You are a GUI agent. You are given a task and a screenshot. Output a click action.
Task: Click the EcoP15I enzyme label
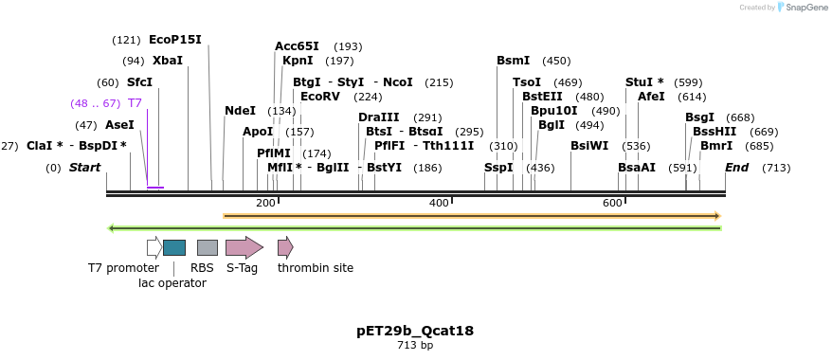tap(175, 40)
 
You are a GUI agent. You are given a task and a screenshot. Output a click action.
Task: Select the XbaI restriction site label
tap(168, 61)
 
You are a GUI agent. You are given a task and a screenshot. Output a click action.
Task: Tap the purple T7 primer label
tap(135, 103)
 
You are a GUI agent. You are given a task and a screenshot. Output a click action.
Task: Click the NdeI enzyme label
tap(240, 111)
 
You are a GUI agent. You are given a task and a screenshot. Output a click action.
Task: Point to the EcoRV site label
tap(319, 97)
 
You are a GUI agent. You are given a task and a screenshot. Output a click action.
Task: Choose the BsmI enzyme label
tap(513, 61)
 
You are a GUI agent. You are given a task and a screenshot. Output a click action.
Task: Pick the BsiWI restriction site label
tap(589, 146)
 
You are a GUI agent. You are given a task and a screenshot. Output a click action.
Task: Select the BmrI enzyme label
tap(716, 146)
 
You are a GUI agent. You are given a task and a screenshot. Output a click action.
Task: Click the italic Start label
tap(84, 168)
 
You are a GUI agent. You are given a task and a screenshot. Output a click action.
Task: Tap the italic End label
tap(737, 168)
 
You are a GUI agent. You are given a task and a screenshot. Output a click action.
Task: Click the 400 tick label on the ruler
tap(439, 204)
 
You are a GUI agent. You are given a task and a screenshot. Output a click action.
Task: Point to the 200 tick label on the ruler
tap(265, 204)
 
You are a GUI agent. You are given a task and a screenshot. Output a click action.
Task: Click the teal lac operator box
tap(174, 247)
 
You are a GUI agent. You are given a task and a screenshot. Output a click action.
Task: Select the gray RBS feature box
tap(208, 247)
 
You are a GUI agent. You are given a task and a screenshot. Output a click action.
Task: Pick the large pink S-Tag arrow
tap(244, 247)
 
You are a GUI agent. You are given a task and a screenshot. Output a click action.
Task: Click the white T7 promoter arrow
tap(154, 247)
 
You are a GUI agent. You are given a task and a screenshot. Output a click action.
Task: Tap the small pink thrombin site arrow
tap(285, 247)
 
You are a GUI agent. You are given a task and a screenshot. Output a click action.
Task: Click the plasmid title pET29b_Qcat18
tap(415, 331)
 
